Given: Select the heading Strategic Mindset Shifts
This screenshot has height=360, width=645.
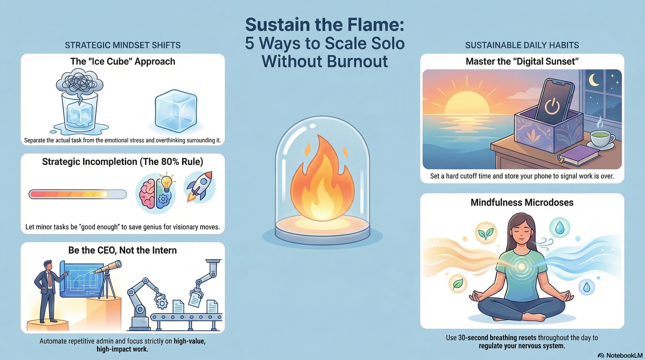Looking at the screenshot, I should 123,45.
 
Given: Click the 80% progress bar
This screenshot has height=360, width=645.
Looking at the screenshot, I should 77,194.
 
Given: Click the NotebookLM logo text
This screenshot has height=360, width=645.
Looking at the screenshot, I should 624,355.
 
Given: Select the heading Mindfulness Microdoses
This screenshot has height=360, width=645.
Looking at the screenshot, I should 522,203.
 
